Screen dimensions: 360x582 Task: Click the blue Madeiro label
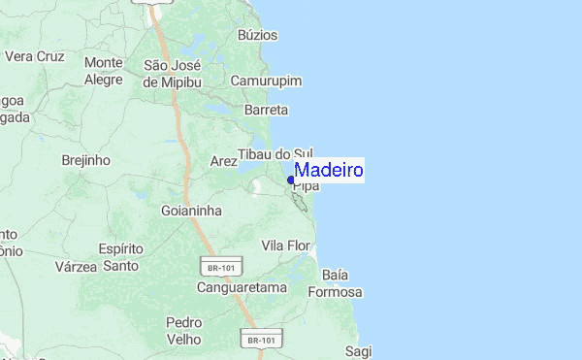tap(329, 171)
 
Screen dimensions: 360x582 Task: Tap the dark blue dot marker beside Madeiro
tap(291, 180)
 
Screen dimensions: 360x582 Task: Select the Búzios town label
tap(257, 35)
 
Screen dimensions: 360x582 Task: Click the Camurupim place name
tap(267, 81)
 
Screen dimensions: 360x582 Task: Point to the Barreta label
tap(266, 111)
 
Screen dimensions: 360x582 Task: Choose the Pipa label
tap(306, 185)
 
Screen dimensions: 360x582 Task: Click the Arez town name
tap(224, 161)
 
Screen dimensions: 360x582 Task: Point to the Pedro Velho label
tap(183, 331)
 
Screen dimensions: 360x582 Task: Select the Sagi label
tap(358, 350)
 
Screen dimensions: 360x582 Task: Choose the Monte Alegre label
tap(104, 71)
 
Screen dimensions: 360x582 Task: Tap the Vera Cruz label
tap(34, 56)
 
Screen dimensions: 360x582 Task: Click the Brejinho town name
tap(85, 160)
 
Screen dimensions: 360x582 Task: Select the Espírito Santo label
tap(121, 257)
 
